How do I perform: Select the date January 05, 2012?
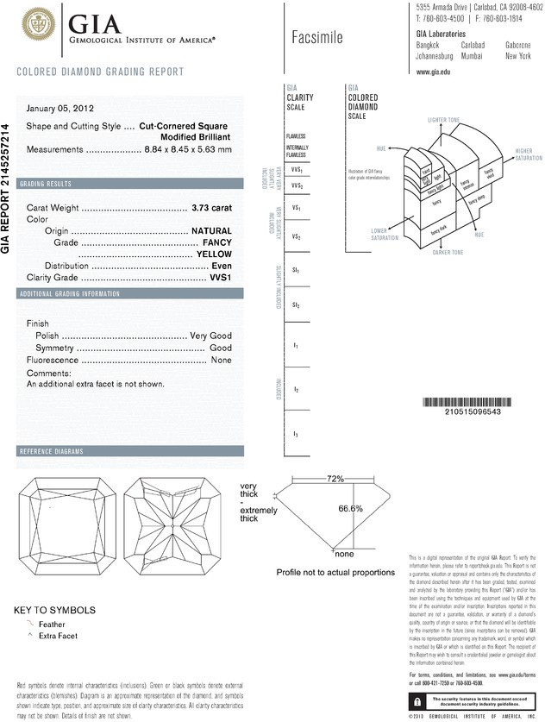click(60, 109)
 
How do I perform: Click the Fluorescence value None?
click(222, 360)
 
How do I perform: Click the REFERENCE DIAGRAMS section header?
click(51, 452)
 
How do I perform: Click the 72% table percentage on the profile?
click(335, 478)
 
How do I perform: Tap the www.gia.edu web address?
click(434, 72)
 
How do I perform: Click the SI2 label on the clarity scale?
click(295, 305)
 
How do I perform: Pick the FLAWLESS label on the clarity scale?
click(295, 136)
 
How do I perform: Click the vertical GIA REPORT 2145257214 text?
click(8, 187)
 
